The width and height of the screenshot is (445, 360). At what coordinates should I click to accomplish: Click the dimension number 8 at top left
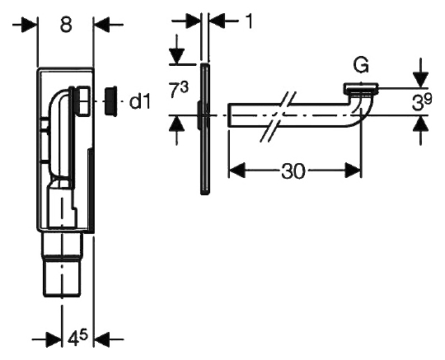(x=66, y=24)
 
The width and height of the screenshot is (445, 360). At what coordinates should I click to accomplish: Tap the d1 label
(x=139, y=101)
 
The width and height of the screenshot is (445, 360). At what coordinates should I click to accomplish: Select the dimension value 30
(x=293, y=171)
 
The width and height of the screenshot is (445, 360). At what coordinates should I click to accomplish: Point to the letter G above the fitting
(x=361, y=65)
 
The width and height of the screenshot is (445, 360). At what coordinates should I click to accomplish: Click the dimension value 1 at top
(x=249, y=21)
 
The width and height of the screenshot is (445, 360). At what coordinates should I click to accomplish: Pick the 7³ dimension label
(x=180, y=89)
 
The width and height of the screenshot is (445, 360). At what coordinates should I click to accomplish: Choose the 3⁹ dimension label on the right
(x=422, y=102)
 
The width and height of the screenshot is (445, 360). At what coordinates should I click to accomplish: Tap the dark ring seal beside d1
(x=110, y=101)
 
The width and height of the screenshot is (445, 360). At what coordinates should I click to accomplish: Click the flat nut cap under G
(x=361, y=88)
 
